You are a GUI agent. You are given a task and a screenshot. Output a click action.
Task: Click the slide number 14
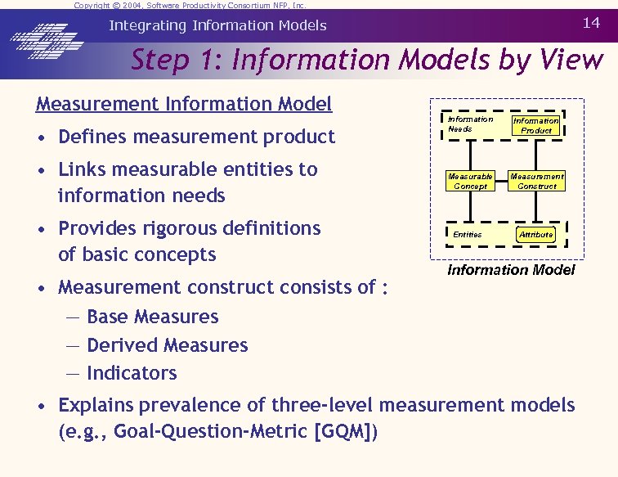(x=591, y=23)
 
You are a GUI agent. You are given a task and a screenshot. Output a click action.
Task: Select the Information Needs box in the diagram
(x=471, y=124)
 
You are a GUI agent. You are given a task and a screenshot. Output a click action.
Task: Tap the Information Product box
(x=535, y=125)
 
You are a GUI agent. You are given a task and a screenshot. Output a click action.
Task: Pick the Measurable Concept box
(x=470, y=181)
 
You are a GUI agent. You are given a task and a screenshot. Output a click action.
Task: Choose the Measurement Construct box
(x=536, y=181)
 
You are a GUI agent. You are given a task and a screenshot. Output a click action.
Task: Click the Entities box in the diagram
(x=468, y=235)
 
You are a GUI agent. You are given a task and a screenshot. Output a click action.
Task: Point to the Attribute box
(x=535, y=235)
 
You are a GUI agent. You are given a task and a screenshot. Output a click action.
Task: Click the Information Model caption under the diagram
(x=511, y=270)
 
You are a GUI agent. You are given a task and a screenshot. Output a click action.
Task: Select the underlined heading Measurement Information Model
(x=184, y=104)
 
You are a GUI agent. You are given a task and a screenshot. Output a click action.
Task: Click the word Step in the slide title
(x=164, y=60)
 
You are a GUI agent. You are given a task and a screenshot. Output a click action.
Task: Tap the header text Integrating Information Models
(x=217, y=25)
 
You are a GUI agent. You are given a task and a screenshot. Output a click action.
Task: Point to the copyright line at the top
(x=190, y=5)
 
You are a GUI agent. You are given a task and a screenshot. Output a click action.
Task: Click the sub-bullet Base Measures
(x=152, y=317)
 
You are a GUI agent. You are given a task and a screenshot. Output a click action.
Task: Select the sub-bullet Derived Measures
(x=167, y=345)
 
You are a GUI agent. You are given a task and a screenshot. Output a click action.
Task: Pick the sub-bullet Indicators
(x=132, y=373)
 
